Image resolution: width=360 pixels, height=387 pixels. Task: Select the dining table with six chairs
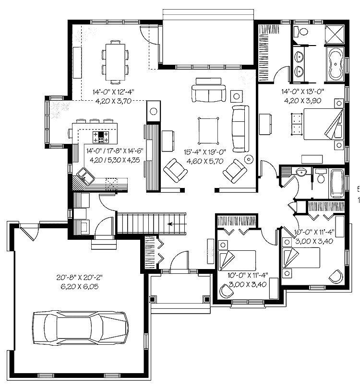coord(115,61)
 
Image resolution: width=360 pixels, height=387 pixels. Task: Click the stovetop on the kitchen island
coord(101,137)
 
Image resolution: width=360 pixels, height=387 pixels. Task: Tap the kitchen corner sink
coord(85,176)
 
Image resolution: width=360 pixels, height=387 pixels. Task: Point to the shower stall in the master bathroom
coord(335,33)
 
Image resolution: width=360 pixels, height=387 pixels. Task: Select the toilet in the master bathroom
coord(299,32)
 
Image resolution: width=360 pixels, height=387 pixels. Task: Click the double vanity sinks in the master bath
coord(299,64)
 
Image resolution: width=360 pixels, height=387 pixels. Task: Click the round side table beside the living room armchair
coord(249,159)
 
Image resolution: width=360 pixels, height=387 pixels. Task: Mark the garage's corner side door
coord(29,234)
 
